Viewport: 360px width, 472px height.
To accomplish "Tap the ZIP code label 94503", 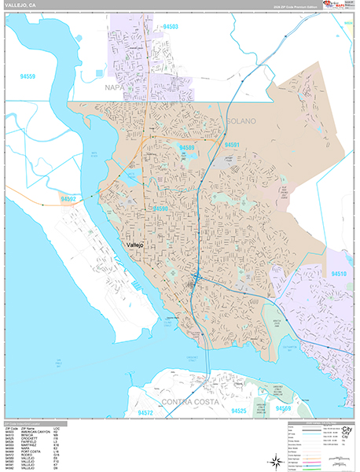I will (171, 28).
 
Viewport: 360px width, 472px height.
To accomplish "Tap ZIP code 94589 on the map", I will (187, 147).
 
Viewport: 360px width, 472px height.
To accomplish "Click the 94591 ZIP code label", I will (232, 146).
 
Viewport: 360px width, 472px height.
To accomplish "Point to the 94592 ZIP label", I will (70, 199).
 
